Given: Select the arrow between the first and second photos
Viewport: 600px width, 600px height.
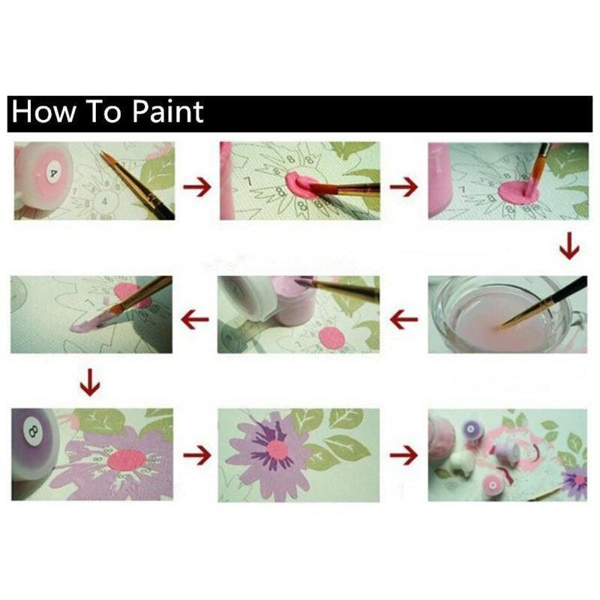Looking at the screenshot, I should pyautogui.click(x=196, y=184).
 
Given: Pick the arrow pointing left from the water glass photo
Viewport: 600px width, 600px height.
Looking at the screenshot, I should pyautogui.click(x=403, y=319).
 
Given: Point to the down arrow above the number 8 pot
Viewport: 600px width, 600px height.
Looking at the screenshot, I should pyautogui.click(x=91, y=383).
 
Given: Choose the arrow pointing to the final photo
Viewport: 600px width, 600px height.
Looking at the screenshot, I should pyautogui.click(x=403, y=454).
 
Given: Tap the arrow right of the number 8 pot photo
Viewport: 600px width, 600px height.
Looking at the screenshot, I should pyautogui.click(x=196, y=454).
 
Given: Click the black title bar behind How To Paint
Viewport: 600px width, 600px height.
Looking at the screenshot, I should pyautogui.click(x=375, y=112).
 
